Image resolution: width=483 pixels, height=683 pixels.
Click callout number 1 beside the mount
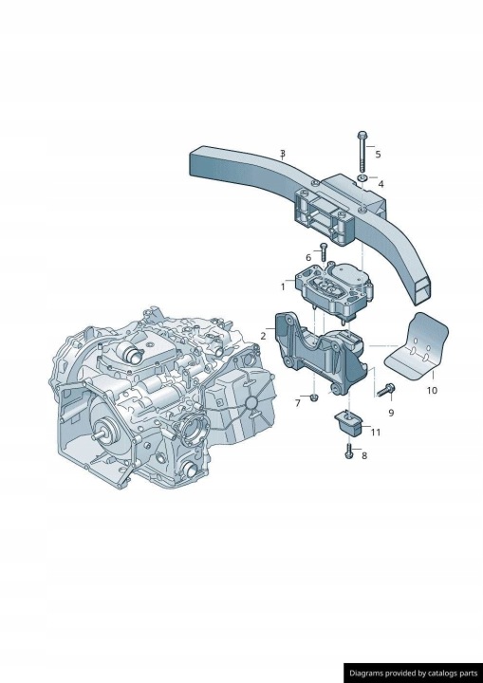tap(283, 287)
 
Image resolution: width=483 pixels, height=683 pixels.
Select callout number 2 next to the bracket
tap(263, 336)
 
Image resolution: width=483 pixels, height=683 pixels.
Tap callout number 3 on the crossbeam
tap(283, 154)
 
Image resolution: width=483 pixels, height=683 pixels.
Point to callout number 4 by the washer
tap(381, 184)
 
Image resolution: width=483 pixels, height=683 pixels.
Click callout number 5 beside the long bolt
tap(378, 155)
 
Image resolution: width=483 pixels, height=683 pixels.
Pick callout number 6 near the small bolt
tap(308, 258)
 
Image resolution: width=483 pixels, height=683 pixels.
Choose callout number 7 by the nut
tap(298, 403)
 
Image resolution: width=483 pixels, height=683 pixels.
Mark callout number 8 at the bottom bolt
tap(364, 455)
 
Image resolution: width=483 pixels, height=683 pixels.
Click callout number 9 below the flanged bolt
tap(391, 413)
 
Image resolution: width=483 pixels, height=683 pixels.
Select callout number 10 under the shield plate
tap(432, 390)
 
